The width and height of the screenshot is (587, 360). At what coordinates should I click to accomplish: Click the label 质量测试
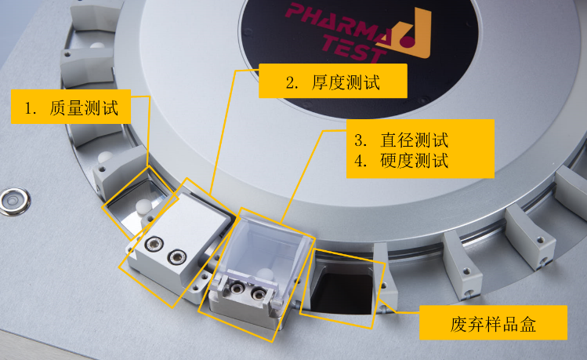[x=84, y=108]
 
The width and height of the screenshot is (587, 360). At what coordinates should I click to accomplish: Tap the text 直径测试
[x=415, y=140]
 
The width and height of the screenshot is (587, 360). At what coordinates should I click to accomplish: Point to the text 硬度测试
[x=415, y=161]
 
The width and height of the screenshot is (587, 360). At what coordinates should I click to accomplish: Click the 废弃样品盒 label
[x=493, y=323]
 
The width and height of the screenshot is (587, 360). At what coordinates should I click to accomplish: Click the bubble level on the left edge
[x=15, y=201]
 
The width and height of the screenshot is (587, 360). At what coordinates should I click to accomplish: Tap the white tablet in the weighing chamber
[x=143, y=207]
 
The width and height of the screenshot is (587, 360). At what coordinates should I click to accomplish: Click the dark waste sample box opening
[x=342, y=294]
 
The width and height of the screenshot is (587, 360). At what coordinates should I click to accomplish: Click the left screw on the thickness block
[x=154, y=244]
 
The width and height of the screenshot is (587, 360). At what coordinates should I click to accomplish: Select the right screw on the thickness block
[x=177, y=257]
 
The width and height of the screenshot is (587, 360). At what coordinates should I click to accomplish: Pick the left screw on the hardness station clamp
[x=237, y=288]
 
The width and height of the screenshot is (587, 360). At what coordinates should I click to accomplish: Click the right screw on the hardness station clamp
[x=258, y=293]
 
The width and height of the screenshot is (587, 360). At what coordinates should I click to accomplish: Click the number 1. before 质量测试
[x=31, y=108]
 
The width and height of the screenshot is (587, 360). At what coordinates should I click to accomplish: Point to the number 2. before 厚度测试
[x=292, y=82]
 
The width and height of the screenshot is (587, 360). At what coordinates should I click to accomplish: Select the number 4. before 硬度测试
[x=361, y=161]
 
